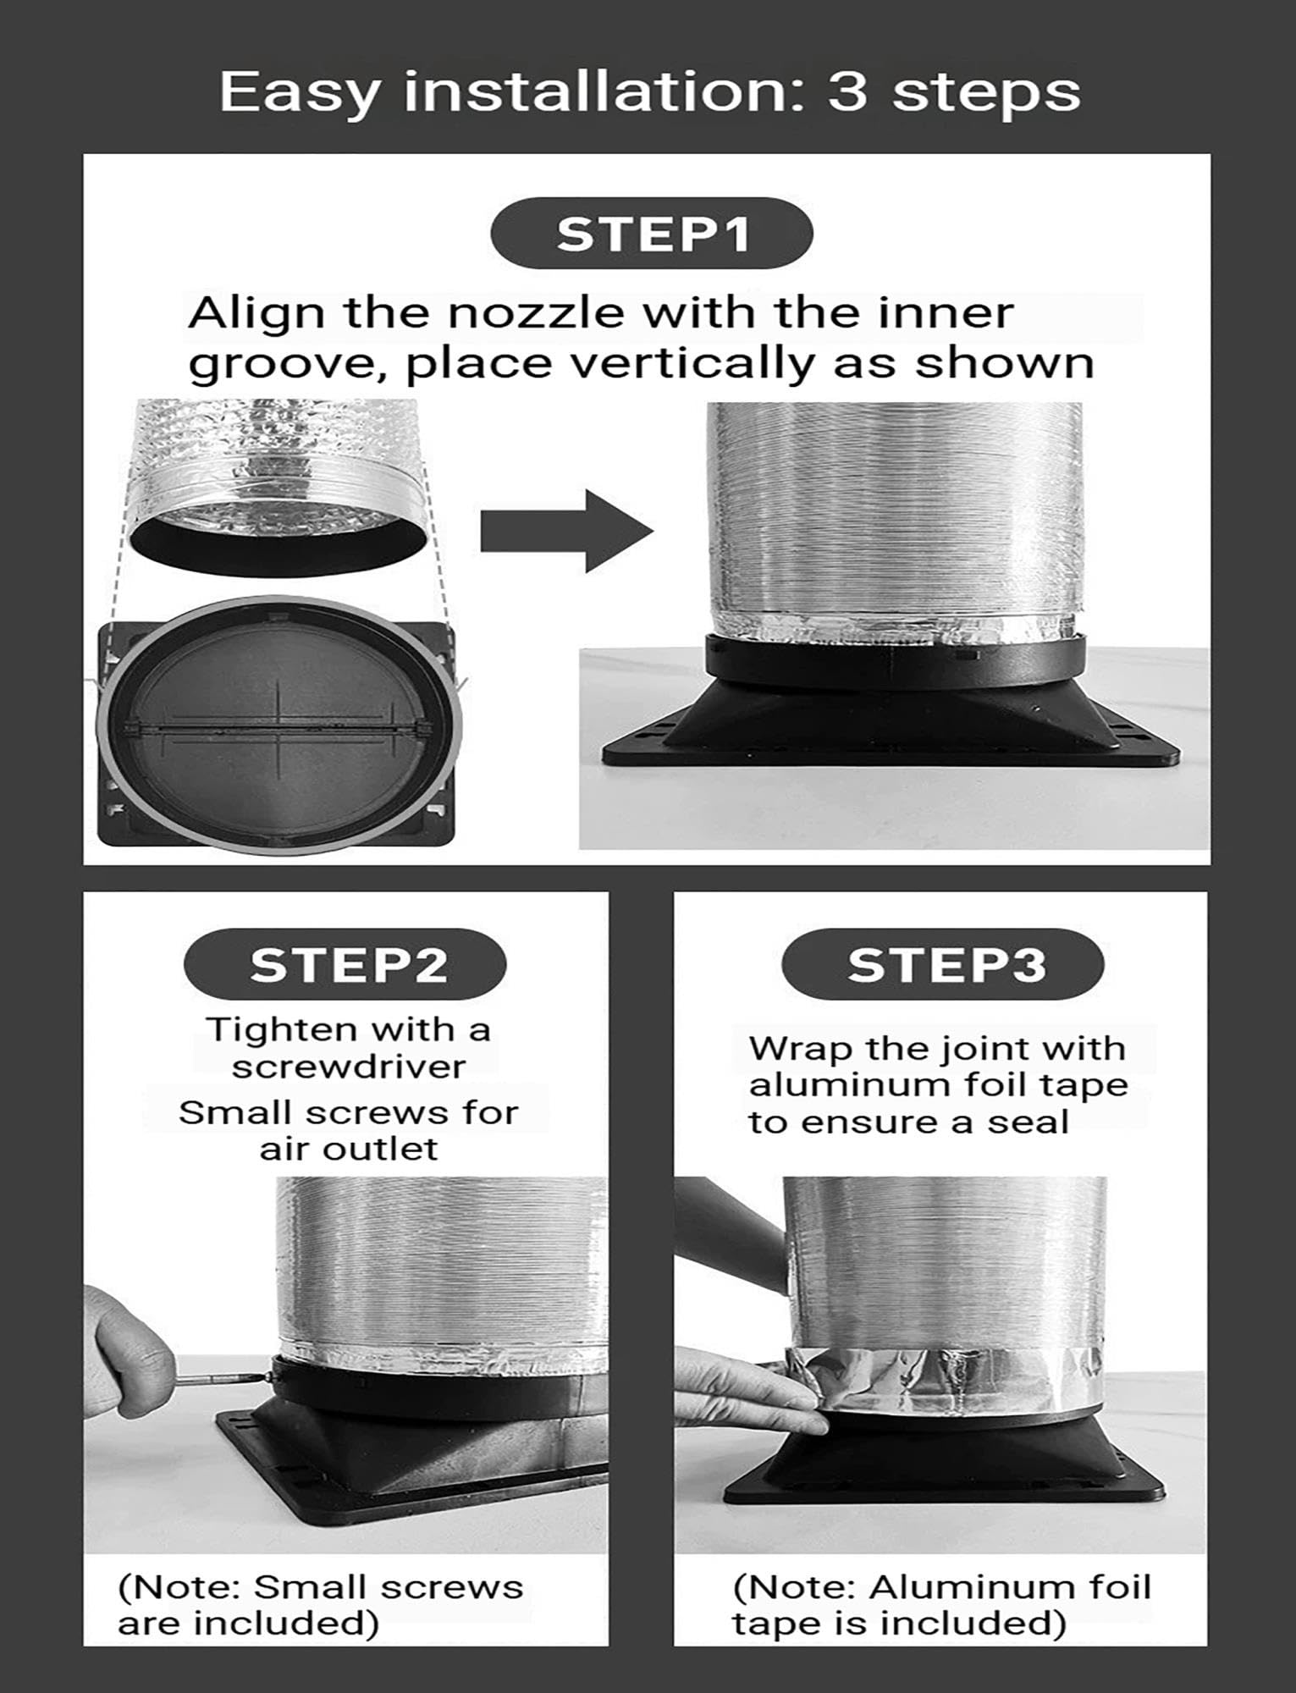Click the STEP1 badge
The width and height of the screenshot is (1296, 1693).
coord(651,234)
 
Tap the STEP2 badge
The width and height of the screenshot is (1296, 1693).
coord(345,964)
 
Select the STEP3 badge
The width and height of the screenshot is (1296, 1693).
coord(943,964)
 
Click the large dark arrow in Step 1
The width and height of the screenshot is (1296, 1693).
coord(567,531)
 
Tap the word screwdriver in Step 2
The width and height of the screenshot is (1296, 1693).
coord(349,1067)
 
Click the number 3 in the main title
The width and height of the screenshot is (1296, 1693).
coord(848,91)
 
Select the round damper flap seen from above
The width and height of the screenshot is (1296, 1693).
coord(279,725)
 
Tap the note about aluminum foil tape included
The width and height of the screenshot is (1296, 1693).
coord(941,1605)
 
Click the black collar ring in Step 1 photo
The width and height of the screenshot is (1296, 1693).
coord(896,659)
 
